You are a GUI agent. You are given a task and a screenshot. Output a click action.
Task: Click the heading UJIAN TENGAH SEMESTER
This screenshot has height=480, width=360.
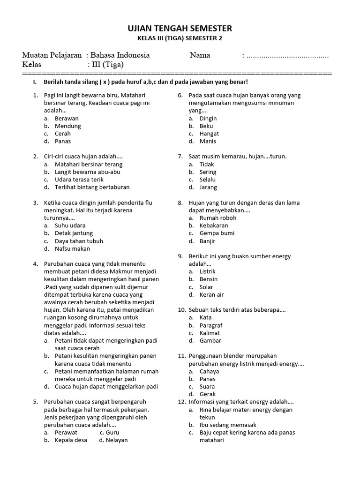tap(180, 29)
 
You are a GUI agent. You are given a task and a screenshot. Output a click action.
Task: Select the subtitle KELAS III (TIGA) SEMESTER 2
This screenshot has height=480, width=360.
tap(180, 39)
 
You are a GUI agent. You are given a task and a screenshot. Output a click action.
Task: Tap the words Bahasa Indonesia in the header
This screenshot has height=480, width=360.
tap(120, 55)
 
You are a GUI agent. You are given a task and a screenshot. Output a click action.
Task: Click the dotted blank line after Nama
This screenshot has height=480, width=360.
tap(287, 56)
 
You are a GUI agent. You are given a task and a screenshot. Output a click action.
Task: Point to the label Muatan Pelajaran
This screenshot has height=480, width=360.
tap(52, 55)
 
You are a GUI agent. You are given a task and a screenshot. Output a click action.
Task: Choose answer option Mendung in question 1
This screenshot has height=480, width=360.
tap(67, 126)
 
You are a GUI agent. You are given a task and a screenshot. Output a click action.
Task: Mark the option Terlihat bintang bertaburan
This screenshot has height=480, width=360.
tap(92, 187)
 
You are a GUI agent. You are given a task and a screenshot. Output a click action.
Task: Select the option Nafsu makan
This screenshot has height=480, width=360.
tap(72, 248)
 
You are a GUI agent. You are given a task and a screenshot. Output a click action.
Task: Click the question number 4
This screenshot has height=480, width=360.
tap(35, 264)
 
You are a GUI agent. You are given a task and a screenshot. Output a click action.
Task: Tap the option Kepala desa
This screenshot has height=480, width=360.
tap(71, 440)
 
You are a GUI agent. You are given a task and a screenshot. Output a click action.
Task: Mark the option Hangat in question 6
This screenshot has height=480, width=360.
tap(209, 134)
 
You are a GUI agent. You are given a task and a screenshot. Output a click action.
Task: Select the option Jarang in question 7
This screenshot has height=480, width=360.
tap(208, 187)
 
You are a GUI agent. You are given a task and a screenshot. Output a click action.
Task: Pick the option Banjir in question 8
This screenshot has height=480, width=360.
tap(207, 241)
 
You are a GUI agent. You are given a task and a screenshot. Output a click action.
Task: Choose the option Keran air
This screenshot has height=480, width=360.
tap(211, 294)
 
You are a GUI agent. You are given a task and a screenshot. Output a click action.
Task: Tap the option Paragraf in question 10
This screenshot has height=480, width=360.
tap(210, 325)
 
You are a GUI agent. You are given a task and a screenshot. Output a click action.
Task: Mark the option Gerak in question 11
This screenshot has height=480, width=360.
tap(208, 394)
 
